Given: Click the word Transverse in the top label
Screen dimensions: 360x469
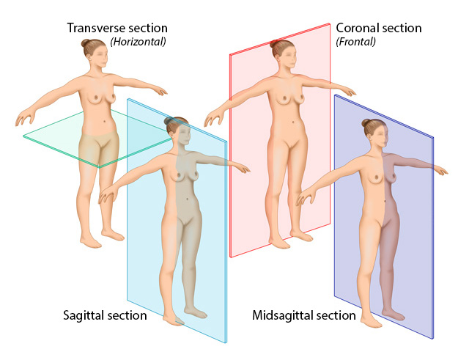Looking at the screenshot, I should (95, 29).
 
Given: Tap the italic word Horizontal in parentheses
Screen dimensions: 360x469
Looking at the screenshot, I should (139, 42).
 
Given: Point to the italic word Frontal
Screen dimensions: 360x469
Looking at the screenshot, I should (356, 42).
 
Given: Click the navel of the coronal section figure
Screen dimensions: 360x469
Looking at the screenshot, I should (293, 121).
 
